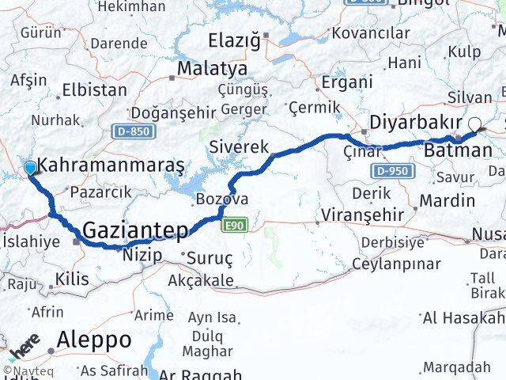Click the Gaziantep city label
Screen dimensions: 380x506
click(x=135, y=230)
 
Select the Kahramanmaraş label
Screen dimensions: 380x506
click(x=111, y=165)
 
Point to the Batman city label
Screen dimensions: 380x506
click(x=458, y=150)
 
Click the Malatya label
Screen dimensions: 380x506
click(x=211, y=69)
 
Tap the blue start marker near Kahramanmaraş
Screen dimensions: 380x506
click(x=30, y=168)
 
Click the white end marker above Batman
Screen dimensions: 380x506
click(x=475, y=123)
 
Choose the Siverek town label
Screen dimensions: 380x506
click(x=239, y=146)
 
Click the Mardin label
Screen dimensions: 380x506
click(x=447, y=200)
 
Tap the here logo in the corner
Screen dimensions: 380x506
click(x=25, y=347)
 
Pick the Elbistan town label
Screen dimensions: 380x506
click(x=94, y=89)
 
